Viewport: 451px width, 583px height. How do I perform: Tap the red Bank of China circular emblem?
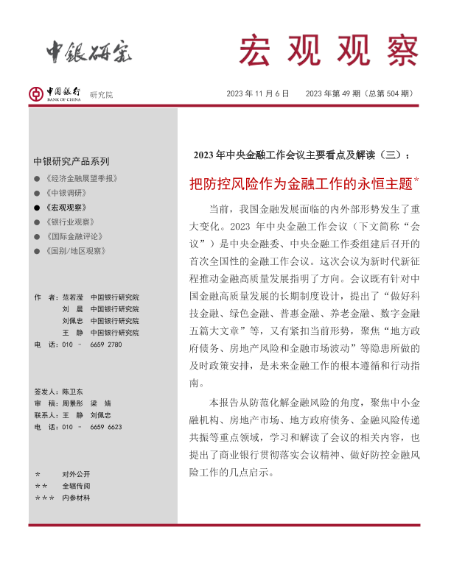(35, 93)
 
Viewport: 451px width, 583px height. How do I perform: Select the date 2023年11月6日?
(257, 93)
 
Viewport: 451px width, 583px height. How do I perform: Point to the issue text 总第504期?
(390, 93)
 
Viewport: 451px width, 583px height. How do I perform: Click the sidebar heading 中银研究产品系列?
(71, 161)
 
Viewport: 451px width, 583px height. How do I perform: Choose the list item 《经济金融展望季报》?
(81, 179)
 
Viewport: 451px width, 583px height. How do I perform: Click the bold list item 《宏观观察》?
(66, 208)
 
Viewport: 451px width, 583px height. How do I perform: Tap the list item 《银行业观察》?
(69, 222)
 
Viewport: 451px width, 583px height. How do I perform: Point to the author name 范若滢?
(74, 297)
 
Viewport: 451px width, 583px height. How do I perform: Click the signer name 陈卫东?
(73, 391)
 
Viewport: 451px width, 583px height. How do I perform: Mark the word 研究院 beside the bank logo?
(102, 95)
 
